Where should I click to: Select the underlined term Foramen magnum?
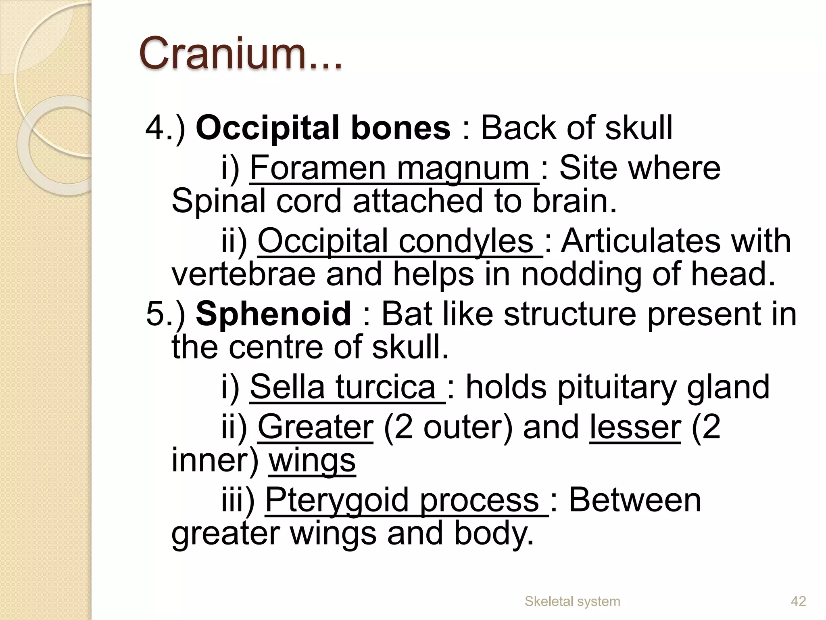click(x=394, y=168)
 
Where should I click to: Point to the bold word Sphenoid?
click(x=273, y=314)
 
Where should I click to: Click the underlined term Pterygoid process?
click(x=406, y=501)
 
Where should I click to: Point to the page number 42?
click(x=798, y=601)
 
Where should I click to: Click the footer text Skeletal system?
click(x=572, y=601)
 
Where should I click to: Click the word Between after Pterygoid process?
click(x=635, y=501)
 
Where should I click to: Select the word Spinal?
click(x=218, y=201)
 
